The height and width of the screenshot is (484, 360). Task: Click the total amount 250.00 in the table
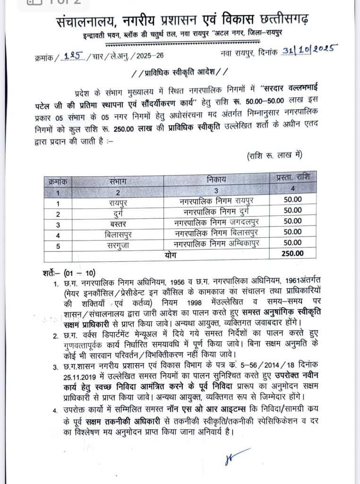(x=292, y=253)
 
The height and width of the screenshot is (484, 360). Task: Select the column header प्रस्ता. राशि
(x=292, y=178)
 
